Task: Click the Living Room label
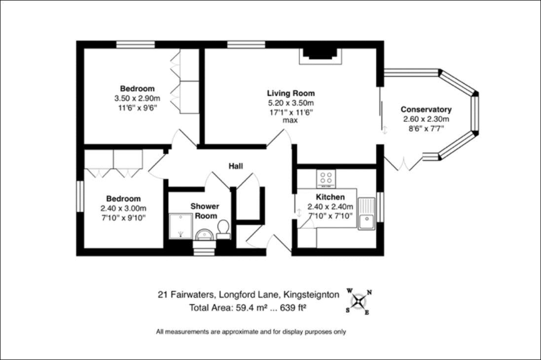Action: pos(291,93)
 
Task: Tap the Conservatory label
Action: pos(426,109)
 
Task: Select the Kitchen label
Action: pos(330,197)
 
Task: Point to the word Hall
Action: pos(236,166)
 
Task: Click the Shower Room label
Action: pos(205,211)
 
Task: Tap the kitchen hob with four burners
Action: pos(326,179)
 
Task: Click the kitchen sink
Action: pos(366,214)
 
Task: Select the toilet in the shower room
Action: pos(223,229)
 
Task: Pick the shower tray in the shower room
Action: pos(181,226)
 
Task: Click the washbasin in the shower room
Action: pos(205,235)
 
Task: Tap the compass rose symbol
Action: pos(359,302)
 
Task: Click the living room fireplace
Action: pos(320,56)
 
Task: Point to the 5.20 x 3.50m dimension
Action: pos(291,103)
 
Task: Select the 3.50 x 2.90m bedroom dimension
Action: pos(137,98)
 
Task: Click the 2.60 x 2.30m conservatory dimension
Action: pos(426,119)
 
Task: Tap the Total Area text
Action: pos(248,308)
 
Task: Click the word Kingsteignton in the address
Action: pos(311,295)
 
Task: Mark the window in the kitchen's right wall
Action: pos(380,207)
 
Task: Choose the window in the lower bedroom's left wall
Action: pos(80,196)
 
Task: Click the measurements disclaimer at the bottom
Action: pos(251,332)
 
